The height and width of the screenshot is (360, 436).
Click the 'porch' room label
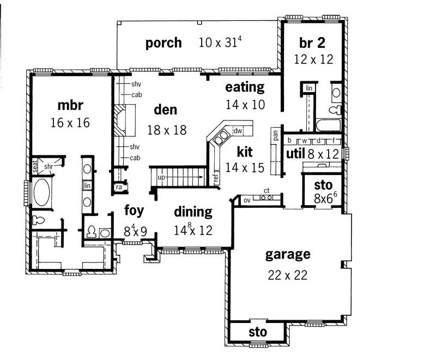(x=163, y=43)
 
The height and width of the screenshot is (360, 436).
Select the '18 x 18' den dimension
(x=167, y=130)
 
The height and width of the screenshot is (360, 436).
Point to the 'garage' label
(x=288, y=254)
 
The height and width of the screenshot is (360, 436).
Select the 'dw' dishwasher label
(x=238, y=131)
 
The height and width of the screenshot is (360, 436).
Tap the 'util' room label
(x=295, y=154)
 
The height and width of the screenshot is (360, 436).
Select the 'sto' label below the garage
(x=257, y=332)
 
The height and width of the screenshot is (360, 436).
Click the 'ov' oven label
(x=247, y=200)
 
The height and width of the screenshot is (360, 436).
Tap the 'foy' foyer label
(x=134, y=210)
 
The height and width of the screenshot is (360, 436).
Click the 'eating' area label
(x=245, y=87)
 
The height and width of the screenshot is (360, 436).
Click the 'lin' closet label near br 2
(x=308, y=88)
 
